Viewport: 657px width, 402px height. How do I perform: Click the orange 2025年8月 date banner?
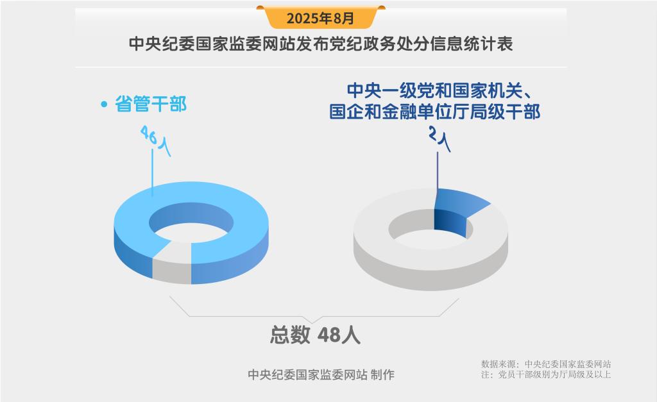tap(321, 17)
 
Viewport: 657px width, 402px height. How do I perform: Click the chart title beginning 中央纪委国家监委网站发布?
tap(321, 44)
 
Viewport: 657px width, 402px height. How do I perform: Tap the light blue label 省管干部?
tap(151, 104)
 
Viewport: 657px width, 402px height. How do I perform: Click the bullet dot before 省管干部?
tap(104, 105)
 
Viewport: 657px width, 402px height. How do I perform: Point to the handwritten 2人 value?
tap(439, 139)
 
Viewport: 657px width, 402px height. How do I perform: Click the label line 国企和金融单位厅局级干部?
tap(434, 112)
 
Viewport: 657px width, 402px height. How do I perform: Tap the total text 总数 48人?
tap(315, 335)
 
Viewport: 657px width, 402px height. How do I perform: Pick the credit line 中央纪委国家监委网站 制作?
tap(321, 374)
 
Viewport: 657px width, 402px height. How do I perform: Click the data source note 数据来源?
tap(546, 364)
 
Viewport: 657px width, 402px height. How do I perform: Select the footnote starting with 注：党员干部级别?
tap(546, 374)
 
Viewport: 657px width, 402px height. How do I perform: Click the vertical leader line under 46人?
tap(152, 172)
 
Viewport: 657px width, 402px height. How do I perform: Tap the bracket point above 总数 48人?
tap(314, 323)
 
